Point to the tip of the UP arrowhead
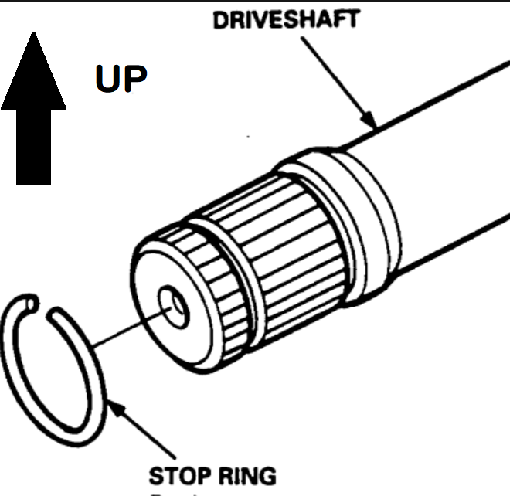click(33, 32)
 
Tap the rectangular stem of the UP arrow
click(33, 147)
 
